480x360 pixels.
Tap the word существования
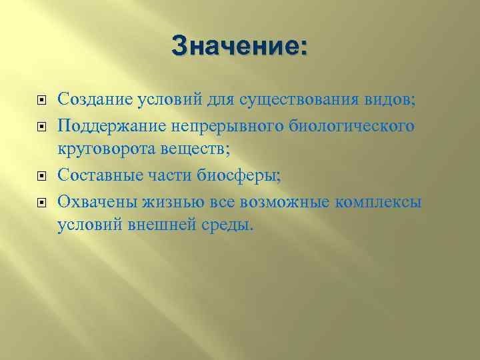tap(299, 101)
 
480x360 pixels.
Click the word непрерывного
tap(213, 125)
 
